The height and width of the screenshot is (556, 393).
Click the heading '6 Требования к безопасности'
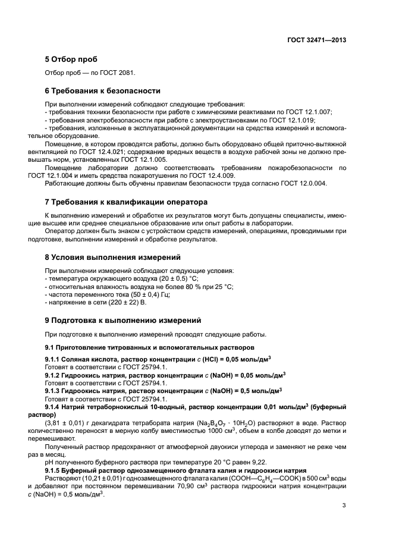(x=103, y=91)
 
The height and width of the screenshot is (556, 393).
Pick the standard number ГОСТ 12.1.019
(x=279, y=120)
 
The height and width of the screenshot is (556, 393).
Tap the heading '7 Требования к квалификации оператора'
(x=126, y=202)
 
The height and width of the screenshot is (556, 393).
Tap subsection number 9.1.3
(x=54, y=391)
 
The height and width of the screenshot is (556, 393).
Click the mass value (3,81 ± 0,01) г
(x=72, y=422)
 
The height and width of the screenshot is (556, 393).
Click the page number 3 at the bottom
(x=344, y=507)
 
